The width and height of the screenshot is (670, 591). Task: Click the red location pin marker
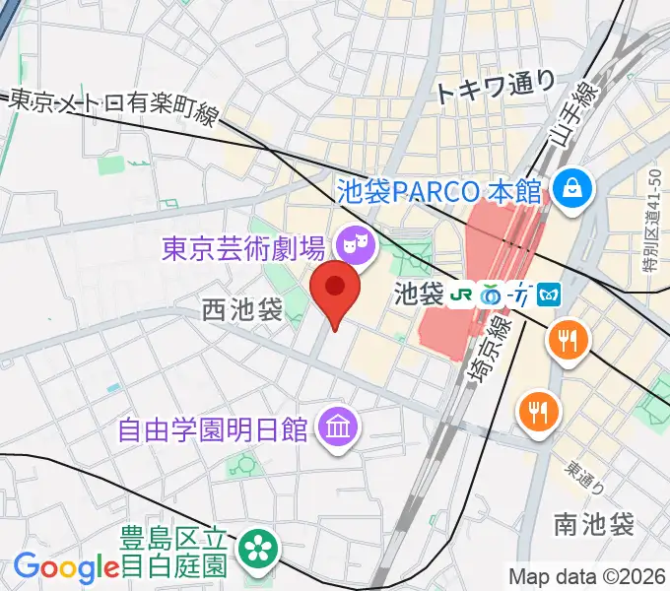[335, 292]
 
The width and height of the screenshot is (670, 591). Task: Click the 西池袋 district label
[241, 311]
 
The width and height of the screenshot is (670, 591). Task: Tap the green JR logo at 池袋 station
[461, 294]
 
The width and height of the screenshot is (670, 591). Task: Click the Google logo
[66, 566]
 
